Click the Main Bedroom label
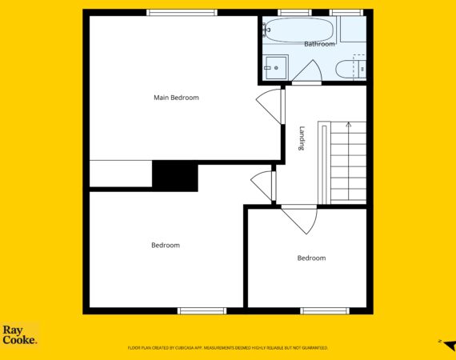coord(176,98)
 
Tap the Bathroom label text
coord(319,44)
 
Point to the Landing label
coord(302,138)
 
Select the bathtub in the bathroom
coord(298,30)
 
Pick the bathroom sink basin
coord(276,67)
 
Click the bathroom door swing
coord(307,71)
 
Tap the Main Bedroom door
coord(270,106)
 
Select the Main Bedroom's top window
coord(182,13)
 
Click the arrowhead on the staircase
coord(348,125)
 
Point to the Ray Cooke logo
coord(20,334)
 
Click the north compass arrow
coord(450,346)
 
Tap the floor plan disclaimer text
coord(228,348)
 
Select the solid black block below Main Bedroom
coord(175,176)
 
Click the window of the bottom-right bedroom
coord(325,311)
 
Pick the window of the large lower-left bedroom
coord(202,311)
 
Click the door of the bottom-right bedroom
coord(299,218)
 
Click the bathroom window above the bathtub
coord(294,13)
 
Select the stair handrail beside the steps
coord(324,163)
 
